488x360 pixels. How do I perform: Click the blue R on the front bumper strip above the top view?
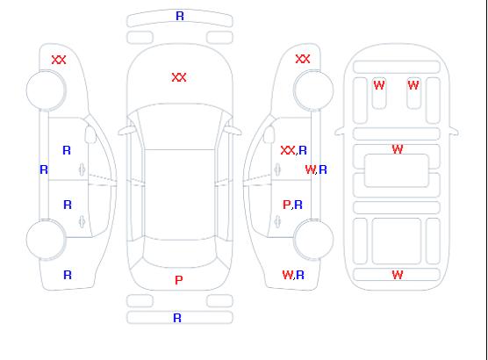pos(180,16)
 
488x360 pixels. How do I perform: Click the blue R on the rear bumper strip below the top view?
pos(177,318)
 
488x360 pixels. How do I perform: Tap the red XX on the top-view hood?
pos(179,77)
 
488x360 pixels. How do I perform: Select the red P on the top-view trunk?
pos(179,280)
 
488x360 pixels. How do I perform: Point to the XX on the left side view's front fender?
pos(59,60)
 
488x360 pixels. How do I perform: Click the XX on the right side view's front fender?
pos(303,59)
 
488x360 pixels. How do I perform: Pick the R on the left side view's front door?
pos(67,150)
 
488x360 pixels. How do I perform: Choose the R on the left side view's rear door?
pos(68,205)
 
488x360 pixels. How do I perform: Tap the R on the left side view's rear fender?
pos(68,275)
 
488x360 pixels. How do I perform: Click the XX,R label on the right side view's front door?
pos(293,150)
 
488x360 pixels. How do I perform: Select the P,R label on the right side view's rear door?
pos(292,205)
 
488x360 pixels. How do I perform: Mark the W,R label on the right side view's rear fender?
pos(293,275)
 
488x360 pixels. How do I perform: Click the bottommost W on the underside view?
pos(398,275)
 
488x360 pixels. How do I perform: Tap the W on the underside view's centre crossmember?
pos(398,149)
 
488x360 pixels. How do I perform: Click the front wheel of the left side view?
pos(46,90)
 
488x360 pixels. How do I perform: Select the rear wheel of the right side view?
pos(313,240)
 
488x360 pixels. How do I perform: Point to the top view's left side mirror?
pos(126,131)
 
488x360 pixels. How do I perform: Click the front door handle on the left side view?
pos(82,169)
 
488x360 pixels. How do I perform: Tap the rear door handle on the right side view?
pos(277,221)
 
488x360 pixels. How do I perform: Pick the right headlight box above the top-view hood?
pos(219,38)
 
